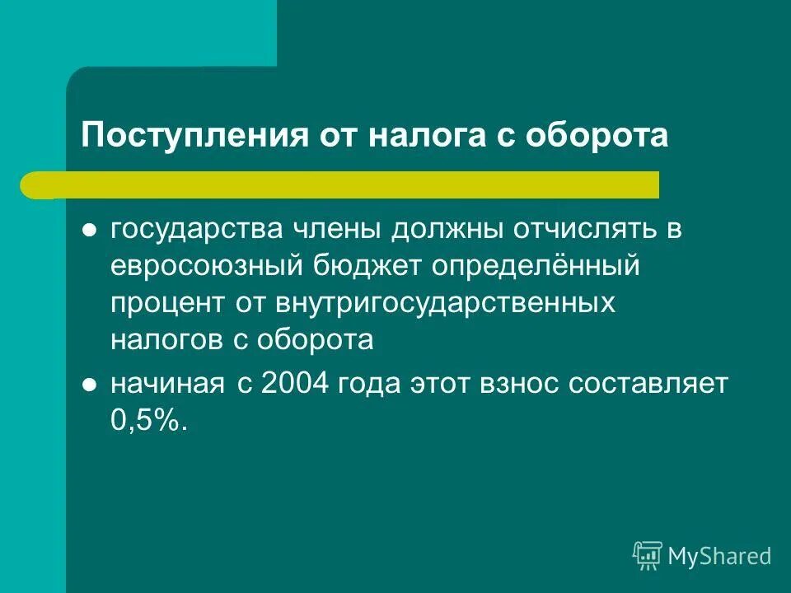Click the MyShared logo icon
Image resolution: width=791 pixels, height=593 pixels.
(x=648, y=556)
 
